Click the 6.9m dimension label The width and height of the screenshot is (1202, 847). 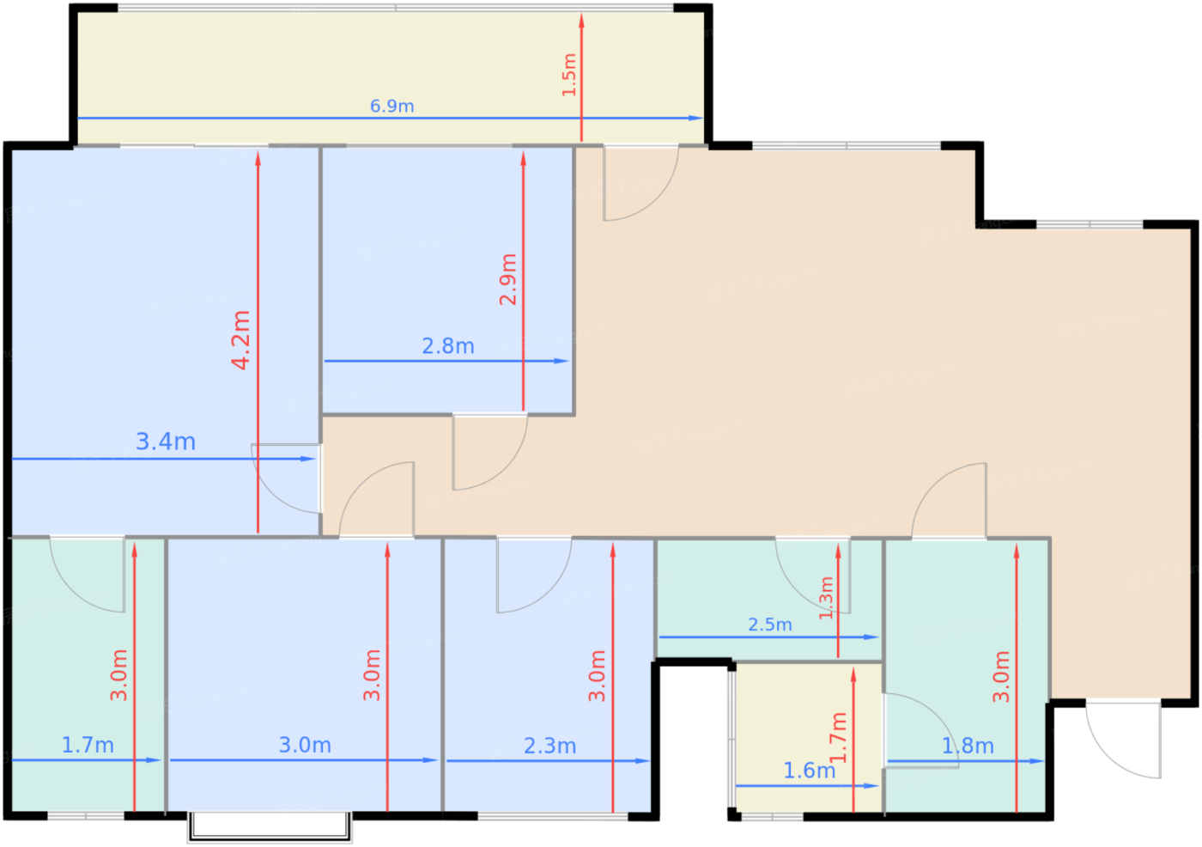[x=392, y=107]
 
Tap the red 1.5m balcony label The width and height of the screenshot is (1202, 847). [x=568, y=75]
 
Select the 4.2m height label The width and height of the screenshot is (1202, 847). [x=241, y=340]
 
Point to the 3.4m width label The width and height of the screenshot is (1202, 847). [x=165, y=442]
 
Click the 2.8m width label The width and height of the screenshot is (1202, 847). [x=448, y=346]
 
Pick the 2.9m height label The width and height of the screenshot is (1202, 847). [x=508, y=280]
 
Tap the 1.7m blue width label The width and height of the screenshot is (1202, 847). [x=88, y=745]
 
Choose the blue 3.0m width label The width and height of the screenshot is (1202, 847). [x=305, y=745]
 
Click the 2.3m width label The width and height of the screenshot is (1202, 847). [x=550, y=746]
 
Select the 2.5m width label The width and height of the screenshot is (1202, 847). [x=770, y=625]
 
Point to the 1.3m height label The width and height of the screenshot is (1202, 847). [x=826, y=598]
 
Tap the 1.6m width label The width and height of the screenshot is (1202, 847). [x=809, y=771]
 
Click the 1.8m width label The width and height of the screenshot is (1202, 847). [x=968, y=746]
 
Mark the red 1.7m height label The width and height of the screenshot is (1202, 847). [x=838, y=738]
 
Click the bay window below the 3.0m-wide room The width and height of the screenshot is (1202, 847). [x=270, y=827]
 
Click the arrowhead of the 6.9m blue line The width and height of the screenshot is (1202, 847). [x=696, y=118]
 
